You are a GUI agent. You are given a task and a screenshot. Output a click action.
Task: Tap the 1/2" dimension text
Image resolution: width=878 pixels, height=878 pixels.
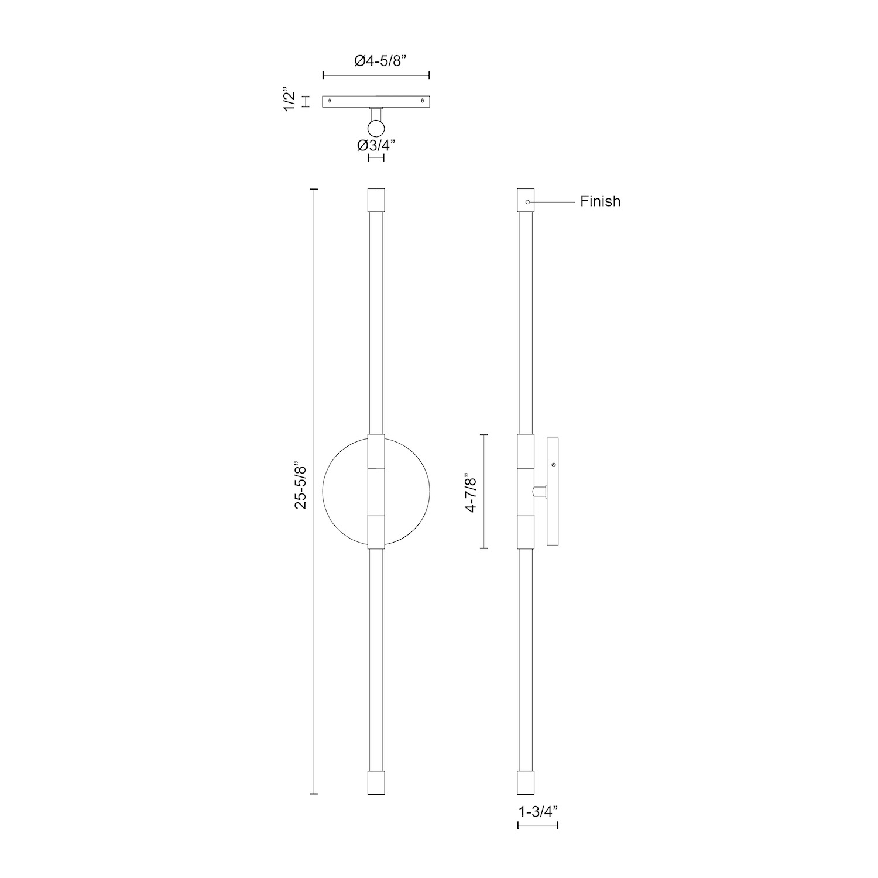point(290,101)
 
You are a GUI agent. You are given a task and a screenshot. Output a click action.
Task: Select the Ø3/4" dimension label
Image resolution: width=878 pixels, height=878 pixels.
point(376,145)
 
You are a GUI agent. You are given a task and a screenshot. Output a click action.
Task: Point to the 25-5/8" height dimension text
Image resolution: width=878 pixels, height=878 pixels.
point(300,486)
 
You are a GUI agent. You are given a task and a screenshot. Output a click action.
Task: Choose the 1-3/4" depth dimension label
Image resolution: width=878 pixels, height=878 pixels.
point(538,811)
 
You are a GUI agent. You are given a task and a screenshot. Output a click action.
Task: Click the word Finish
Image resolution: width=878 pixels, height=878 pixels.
point(600,201)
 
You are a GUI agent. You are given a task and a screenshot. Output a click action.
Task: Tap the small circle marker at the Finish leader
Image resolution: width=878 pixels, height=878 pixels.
point(527,202)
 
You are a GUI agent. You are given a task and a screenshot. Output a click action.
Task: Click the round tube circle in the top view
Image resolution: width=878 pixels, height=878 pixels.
point(376,128)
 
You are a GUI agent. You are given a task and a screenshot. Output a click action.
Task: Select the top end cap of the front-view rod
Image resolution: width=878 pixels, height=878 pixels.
point(376,200)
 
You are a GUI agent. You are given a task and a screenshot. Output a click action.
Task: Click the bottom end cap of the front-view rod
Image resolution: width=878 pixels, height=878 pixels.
point(376,782)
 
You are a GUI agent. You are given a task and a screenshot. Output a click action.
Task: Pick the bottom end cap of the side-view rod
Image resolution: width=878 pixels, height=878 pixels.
point(526,782)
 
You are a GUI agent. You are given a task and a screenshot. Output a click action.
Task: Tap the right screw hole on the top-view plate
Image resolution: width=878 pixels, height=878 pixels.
point(423,101)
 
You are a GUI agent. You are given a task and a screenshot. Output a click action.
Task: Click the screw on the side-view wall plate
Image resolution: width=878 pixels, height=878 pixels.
point(554,464)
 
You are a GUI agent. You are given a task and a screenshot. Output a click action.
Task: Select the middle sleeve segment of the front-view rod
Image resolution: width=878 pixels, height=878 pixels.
point(376,492)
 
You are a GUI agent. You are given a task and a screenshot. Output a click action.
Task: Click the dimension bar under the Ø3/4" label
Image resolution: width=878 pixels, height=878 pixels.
point(376,158)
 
